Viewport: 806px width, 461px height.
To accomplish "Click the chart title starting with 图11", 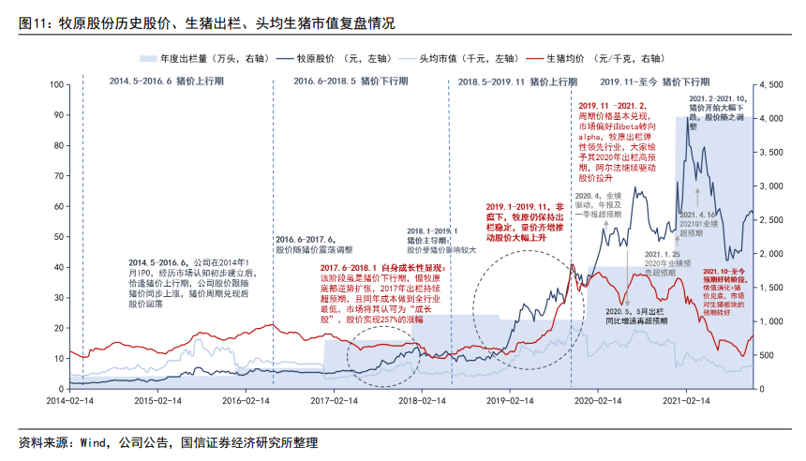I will (206, 23).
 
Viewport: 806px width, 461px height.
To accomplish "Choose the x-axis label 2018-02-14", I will (419, 399).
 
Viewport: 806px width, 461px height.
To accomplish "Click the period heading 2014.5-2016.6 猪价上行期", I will (166, 82).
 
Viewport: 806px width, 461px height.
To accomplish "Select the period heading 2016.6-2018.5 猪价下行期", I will (351, 82).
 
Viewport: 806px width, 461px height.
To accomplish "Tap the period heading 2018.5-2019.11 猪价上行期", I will (516, 82).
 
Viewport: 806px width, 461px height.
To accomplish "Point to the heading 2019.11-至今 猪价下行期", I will (661, 82).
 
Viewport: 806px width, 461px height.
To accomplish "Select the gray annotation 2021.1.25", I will (663, 254).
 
